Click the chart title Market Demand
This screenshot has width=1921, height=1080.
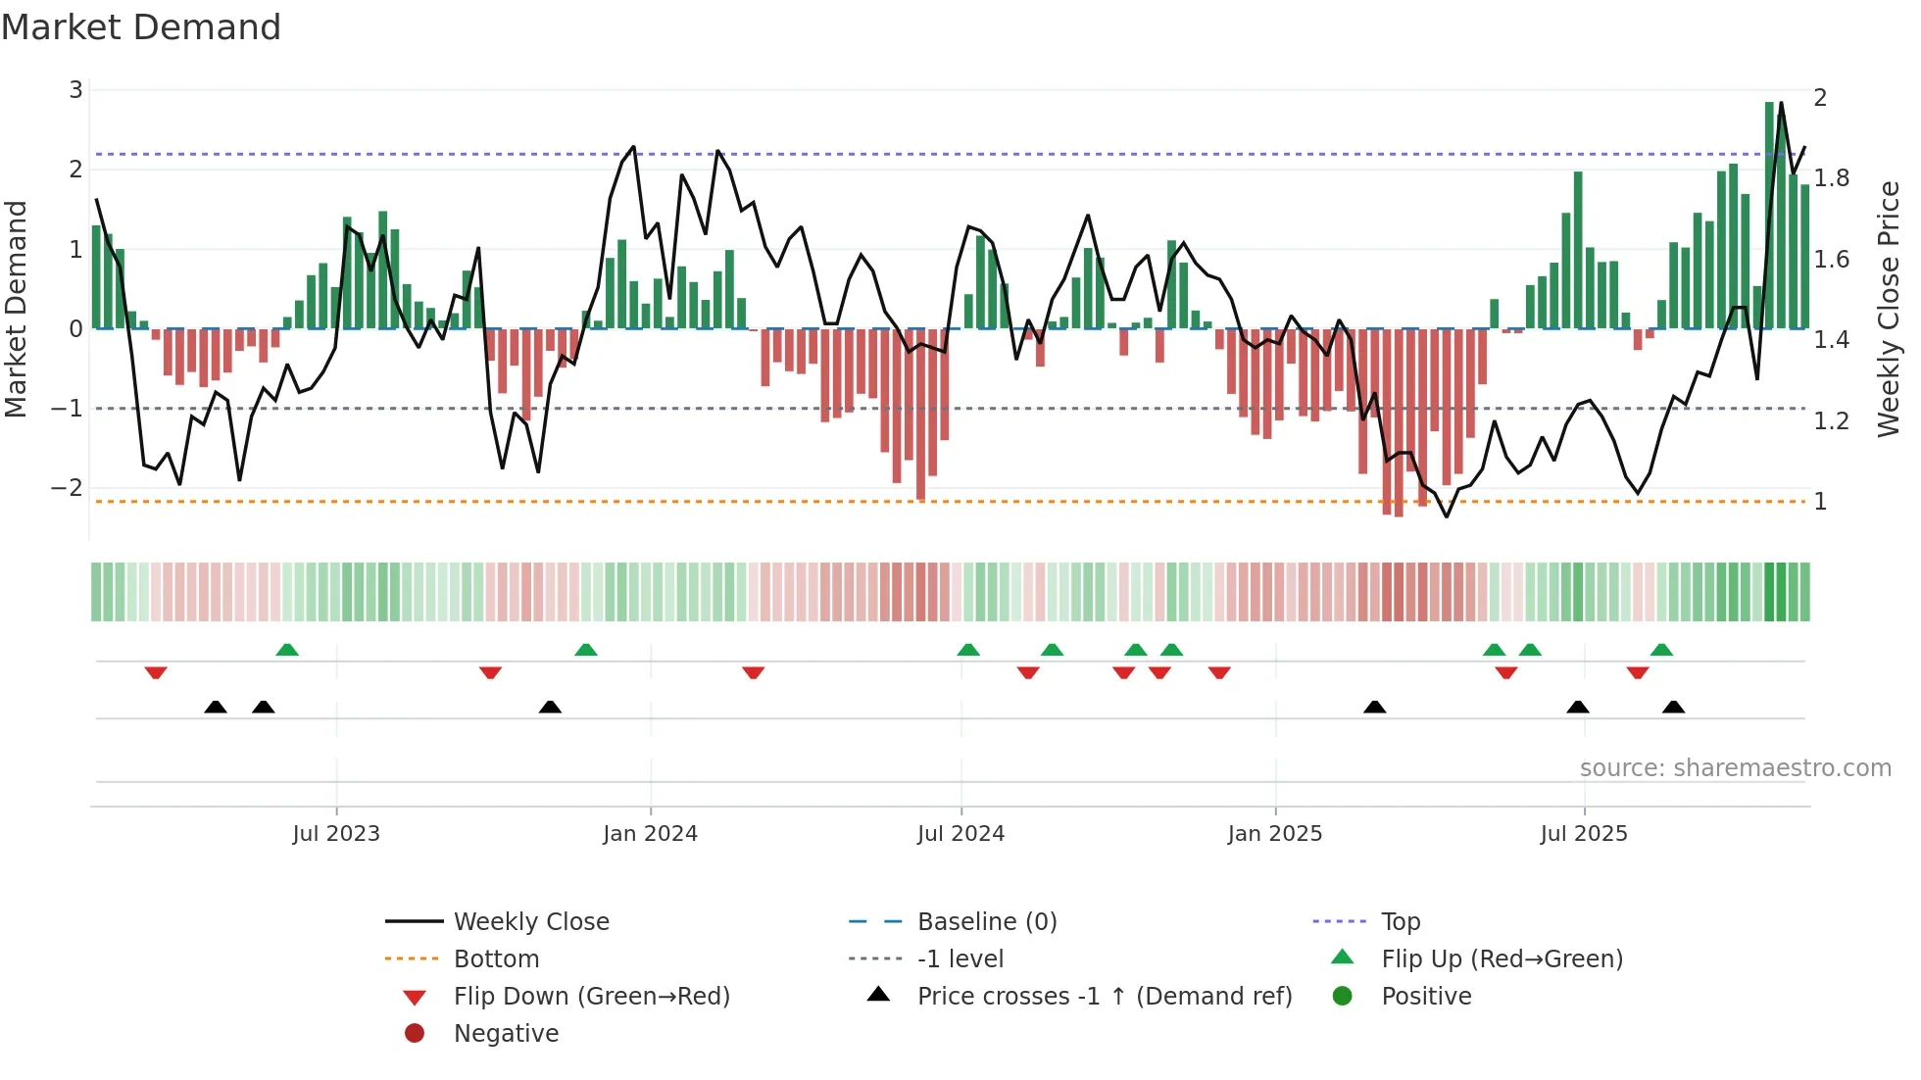141,27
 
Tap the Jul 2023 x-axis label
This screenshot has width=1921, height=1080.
335,834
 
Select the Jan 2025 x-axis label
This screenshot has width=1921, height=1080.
1274,834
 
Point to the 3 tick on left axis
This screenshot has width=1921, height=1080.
75,90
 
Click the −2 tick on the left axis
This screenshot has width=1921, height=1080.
69,488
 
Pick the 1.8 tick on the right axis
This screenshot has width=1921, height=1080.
1831,178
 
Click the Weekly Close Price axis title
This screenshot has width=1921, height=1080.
1888,309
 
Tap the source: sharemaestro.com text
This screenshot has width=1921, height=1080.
1735,768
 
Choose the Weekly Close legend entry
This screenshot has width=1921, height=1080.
530,922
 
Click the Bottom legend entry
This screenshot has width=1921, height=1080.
496,959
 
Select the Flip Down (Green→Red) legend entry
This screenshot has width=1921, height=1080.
591,997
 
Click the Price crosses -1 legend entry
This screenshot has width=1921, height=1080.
1104,997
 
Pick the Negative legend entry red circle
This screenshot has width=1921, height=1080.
415,1034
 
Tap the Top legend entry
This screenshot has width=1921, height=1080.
1400,922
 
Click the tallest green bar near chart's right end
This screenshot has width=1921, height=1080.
1769,216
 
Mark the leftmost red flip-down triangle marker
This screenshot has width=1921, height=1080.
156,672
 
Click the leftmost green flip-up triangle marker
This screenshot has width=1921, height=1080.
287,650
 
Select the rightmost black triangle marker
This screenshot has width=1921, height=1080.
1673,708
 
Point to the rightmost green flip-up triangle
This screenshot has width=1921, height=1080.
1661,650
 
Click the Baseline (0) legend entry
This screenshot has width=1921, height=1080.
986,922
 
